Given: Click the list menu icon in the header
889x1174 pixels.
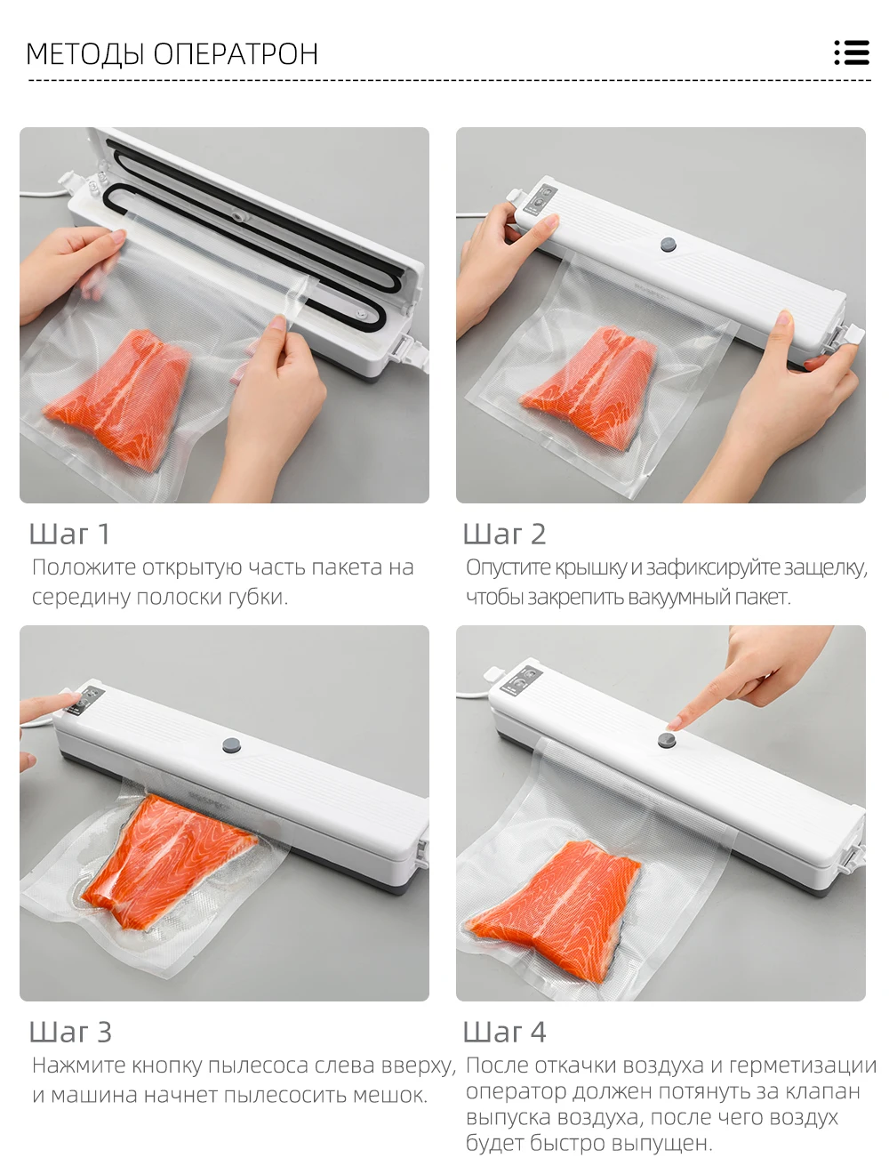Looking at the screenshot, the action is (852, 52).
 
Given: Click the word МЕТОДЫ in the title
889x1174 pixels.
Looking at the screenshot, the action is (85, 54).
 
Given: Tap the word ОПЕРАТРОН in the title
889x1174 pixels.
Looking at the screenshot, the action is (236, 53).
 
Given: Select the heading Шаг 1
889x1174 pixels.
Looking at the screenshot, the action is (69, 534).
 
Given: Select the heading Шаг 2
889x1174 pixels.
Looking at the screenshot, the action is (504, 534).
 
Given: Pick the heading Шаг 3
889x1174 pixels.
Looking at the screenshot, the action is (70, 1032).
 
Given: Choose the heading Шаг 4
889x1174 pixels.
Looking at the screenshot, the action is (504, 1032).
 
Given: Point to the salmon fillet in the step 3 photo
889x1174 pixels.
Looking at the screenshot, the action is (165, 861).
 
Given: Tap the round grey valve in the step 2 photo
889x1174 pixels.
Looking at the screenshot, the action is (668, 245).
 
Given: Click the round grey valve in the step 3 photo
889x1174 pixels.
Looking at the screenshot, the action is (231, 744).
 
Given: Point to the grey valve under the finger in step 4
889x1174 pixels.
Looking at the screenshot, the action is (666, 740).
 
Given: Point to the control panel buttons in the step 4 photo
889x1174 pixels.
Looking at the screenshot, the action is (521, 681).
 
